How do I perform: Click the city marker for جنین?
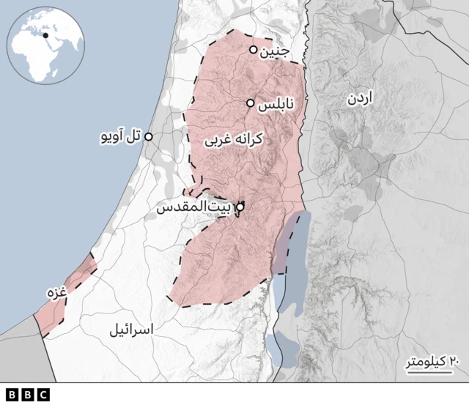tap(254, 50)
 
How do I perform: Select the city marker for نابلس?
tap(250, 103)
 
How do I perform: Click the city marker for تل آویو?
tap(149, 137)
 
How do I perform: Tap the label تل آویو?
tap(122, 137)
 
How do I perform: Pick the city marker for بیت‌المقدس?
tap(240, 207)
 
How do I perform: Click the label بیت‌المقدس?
tap(195, 207)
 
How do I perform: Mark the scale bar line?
tap(424, 371)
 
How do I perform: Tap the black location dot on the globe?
tap(45, 34)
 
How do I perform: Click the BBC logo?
tap(27, 395)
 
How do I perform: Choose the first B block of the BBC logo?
tap(12, 395)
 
